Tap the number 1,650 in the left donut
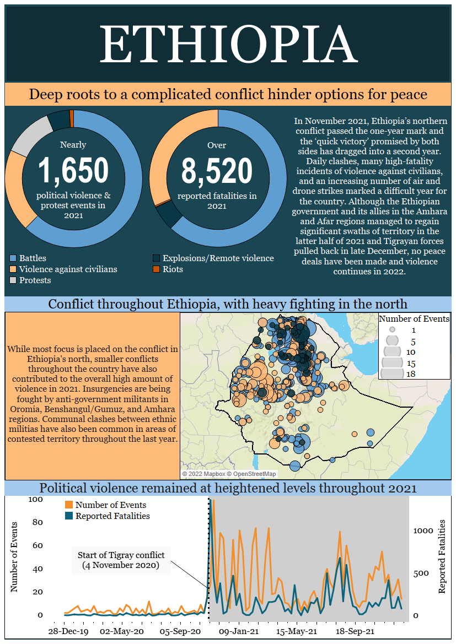point(73,170)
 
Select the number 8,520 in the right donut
point(217,170)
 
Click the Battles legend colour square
point(13,258)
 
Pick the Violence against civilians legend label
point(68,269)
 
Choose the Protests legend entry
point(34,280)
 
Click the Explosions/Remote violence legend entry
point(218,258)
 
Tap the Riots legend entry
point(173,269)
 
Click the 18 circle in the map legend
point(392,374)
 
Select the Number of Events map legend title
point(415,319)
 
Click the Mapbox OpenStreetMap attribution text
point(229,474)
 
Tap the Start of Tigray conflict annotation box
point(121,560)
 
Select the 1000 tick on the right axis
point(425,531)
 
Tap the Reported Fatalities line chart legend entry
point(112,516)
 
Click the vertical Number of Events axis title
point(14,556)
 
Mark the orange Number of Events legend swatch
point(69,505)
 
